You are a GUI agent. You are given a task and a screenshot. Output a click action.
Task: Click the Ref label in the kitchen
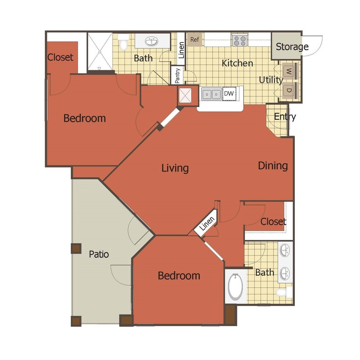tap(195, 40)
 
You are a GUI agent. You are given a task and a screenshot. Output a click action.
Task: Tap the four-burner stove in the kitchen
tap(240, 41)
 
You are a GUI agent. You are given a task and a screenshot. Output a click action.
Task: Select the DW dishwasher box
tap(229, 93)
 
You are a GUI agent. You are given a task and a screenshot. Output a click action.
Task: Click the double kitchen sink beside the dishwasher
tap(211, 93)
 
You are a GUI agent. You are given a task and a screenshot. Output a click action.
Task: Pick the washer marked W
tap(288, 70)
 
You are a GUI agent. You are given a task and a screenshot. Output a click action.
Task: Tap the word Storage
tap(292, 46)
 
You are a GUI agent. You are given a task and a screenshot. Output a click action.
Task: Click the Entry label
tap(285, 116)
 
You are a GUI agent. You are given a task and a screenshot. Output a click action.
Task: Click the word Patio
tap(99, 254)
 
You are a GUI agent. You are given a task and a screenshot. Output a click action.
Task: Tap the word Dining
tap(273, 165)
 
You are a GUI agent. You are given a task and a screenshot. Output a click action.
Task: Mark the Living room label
tap(175, 168)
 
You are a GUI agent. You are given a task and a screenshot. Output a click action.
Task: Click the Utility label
tap(271, 80)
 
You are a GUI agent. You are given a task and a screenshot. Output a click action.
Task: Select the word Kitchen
tap(237, 63)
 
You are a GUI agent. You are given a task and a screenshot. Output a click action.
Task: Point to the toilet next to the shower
tap(124, 43)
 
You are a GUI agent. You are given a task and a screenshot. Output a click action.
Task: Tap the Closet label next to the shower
tap(60, 57)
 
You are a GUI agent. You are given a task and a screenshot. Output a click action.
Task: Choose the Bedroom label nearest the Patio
tap(179, 276)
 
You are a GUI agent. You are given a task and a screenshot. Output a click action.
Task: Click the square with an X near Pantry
tap(185, 96)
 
